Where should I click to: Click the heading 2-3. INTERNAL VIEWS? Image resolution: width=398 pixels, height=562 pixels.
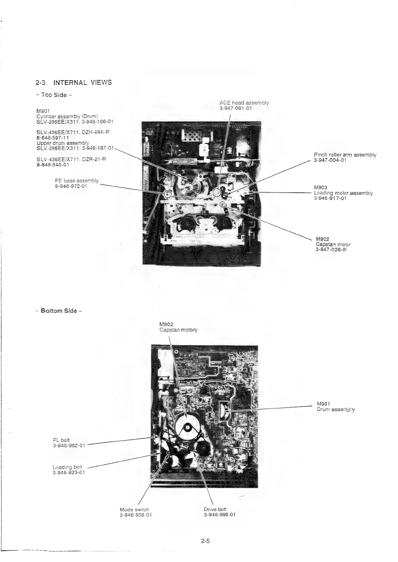pyautogui.click(x=74, y=82)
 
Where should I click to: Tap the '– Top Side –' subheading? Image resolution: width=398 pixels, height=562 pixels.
pyautogui.click(x=54, y=95)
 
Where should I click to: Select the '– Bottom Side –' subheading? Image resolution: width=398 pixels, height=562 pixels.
pyautogui.click(x=58, y=311)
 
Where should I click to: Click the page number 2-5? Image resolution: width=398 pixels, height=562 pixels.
pyautogui.click(x=205, y=541)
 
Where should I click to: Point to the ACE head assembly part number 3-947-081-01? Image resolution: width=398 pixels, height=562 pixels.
pyautogui.click(x=236, y=108)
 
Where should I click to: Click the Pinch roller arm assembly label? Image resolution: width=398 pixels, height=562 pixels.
pyautogui.click(x=345, y=155)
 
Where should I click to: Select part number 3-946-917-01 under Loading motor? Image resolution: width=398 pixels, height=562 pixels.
pyautogui.click(x=330, y=198)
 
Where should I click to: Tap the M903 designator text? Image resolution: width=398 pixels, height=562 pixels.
pyautogui.click(x=320, y=188)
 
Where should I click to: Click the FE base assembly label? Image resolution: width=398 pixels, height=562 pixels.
pyautogui.click(x=77, y=181)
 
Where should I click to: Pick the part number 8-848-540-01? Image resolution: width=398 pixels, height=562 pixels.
pyautogui.click(x=53, y=164)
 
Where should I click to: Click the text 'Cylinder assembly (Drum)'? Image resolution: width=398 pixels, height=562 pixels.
pyautogui.click(x=67, y=116)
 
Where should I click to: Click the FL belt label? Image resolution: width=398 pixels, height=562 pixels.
pyautogui.click(x=61, y=440)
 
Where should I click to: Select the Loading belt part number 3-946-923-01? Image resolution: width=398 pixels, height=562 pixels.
pyautogui.click(x=69, y=472)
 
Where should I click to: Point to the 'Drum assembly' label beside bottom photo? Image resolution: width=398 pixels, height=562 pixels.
pyautogui.click(x=336, y=409)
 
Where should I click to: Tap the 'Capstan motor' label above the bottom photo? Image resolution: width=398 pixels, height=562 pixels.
pyautogui.click(x=178, y=330)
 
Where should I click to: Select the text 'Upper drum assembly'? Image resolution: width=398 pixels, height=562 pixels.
pyautogui.click(x=62, y=143)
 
